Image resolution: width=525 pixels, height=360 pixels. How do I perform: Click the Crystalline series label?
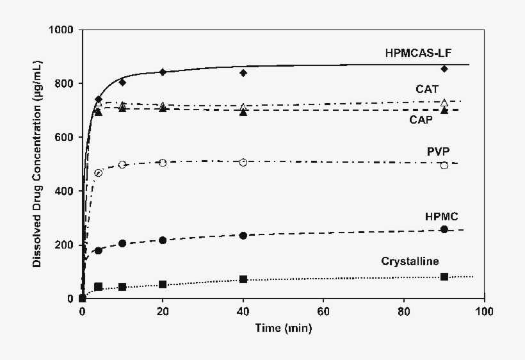(428, 261)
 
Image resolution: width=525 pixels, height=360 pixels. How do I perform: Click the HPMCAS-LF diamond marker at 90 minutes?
(444, 69)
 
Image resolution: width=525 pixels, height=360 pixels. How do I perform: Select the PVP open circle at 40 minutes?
(243, 162)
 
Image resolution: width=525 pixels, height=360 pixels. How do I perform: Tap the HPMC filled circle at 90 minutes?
(444, 229)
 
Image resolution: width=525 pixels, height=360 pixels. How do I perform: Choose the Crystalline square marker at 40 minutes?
(243, 279)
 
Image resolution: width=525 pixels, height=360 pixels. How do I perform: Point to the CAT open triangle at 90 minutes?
(444, 102)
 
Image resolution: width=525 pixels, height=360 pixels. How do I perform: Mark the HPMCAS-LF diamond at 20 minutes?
(163, 72)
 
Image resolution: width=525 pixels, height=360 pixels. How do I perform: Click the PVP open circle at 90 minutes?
(444, 165)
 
